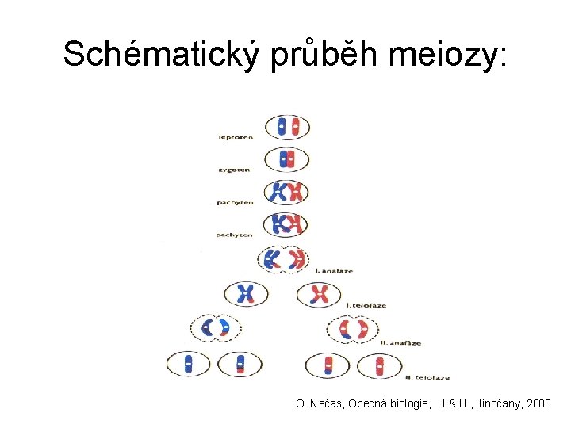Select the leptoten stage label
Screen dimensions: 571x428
(x=236, y=137)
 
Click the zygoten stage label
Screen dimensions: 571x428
(x=234, y=170)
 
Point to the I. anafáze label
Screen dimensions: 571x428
(x=334, y=271)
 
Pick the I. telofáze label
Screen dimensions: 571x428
(x=364, y=304)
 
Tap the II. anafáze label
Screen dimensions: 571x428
(x=400, y=342)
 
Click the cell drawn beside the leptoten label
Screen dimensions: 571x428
(x=286, y=126)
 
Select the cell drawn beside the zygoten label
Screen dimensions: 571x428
(x=286, y=159)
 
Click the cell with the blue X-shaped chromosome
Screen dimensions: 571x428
(x=246, y=294)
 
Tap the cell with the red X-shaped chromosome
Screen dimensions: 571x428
(x=319, y=294)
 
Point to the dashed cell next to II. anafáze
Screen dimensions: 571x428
(x=353, y=328)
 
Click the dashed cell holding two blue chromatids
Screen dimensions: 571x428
(x=215, y=327)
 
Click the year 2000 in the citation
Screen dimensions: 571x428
(x=538, y=404)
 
